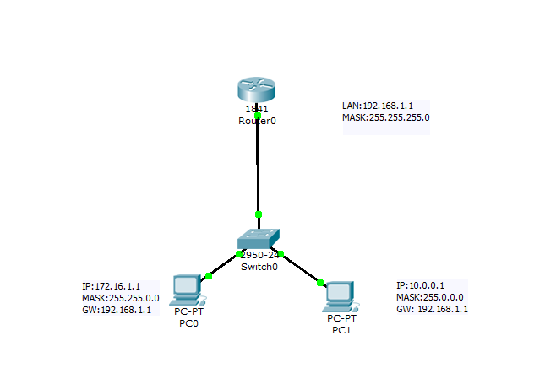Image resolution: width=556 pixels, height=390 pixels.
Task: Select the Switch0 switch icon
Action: click(259, 240)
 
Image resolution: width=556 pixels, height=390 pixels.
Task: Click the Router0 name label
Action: click(257, 121)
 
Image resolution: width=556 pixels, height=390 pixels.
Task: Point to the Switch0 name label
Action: click(259, 267)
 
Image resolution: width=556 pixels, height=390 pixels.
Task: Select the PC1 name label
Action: click(342, 329)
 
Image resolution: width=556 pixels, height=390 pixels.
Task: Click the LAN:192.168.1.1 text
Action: click(378, 106)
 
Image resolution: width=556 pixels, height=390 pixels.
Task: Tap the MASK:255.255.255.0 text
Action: click(385, 118)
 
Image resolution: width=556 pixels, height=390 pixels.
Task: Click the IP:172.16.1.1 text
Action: click(112, 286)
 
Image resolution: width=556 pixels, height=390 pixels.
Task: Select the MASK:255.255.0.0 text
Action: click(120, 298)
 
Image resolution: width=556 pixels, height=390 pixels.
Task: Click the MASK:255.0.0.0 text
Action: click(429, 297)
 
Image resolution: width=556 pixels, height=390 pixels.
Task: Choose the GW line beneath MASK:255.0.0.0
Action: click(432, 309)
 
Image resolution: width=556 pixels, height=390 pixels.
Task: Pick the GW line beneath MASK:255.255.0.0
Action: click(116, 310)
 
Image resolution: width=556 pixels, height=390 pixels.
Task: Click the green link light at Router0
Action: click(258, 116)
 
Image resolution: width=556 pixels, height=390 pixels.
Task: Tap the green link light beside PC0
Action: click(209, 275)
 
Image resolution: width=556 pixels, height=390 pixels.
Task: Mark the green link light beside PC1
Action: click(320, 283)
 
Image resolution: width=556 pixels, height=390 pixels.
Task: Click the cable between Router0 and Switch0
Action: click(258, 165)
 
